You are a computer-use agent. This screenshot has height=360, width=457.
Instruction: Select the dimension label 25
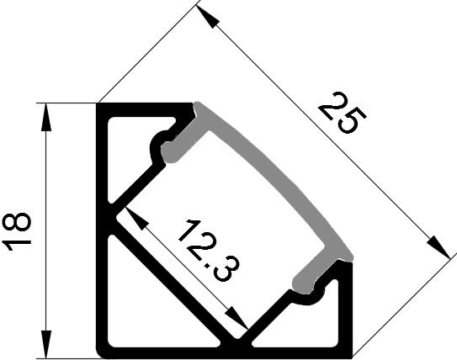click(x=343, y=113)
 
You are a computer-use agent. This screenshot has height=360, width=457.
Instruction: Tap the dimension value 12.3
click(x=208, y=251)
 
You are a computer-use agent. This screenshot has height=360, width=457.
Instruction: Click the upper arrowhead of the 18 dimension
click(x=45, y=117)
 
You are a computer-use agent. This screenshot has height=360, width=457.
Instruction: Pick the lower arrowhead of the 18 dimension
click(x=45, y=344)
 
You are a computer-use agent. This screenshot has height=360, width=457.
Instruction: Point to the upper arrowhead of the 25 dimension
click(x=208, y=17)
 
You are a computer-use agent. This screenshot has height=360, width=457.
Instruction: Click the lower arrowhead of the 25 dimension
click(x=439, y=247)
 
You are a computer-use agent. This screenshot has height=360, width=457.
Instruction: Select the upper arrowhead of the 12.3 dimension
click(x=136, y=219)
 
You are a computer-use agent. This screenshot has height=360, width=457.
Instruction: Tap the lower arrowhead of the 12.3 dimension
click(x=236, y=318)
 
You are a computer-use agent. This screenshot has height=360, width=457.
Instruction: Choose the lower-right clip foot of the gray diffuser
click(x=306, y=279)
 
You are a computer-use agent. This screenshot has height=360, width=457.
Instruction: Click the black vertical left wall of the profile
click(x=102, y=230)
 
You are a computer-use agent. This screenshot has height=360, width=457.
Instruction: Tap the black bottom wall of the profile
click(x=225, y=353)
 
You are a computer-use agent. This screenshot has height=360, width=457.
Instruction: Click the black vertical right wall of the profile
click(x=346, y=309)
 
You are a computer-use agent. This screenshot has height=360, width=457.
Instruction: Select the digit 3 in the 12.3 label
click(x=226, y=269)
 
